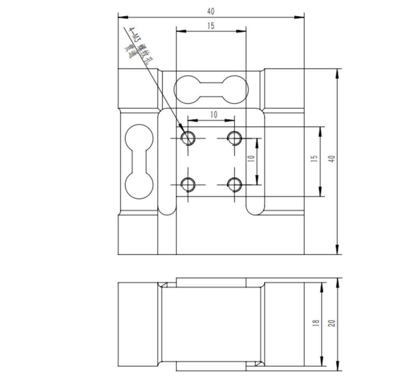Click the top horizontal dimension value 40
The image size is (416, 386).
tap(211, 11)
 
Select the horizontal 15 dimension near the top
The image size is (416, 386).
tap(211, 26)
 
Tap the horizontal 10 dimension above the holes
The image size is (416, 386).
tap(214, 115)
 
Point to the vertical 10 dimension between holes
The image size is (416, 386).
tap(251, 159)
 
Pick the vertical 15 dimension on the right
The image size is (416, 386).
tap(315, 159)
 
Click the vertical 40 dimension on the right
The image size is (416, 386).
tap(332, 159)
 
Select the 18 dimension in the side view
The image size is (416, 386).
tap(316, 323)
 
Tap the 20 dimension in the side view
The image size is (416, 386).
tap(332, 323)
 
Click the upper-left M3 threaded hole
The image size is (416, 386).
tap(188, 137)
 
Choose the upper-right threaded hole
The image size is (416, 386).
tap(235, 137)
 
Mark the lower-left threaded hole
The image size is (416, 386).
tap(188, 184)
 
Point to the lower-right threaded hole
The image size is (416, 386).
tap(235, 184)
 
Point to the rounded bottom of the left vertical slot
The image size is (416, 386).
tap(167, 210)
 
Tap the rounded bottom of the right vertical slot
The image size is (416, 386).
tap(255, 210)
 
